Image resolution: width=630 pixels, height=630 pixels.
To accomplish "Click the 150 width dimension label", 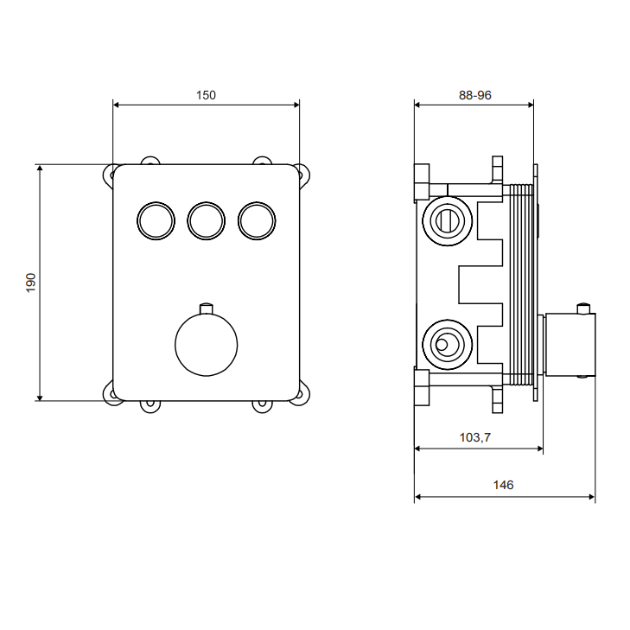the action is click(x=206, y=95).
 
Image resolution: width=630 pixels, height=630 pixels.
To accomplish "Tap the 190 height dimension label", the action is click(x=31, y=283).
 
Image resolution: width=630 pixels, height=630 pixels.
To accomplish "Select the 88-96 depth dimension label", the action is click(x=475, y=95).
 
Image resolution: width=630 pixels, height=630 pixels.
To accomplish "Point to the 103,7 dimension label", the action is click(x=475, y=437).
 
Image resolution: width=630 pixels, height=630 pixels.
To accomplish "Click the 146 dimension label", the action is click(x=503, y=485).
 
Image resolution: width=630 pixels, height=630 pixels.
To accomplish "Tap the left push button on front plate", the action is click(x=156, y=221).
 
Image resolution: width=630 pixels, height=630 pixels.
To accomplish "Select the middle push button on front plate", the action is click(x=207, y=221).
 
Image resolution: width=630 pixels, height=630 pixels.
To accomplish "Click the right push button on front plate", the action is click(x=257, y=221).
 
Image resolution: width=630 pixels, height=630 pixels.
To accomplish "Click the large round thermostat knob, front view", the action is click(x=207, y=345).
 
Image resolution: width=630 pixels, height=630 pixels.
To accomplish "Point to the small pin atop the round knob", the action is click(x=207, y=309).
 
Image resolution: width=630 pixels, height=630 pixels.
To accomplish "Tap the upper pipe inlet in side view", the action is click(x=447, y=221).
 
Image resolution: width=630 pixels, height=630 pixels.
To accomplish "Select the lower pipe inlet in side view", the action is click(x=447, y=345).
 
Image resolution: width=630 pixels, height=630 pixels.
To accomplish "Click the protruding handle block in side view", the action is click(x=570, y=345).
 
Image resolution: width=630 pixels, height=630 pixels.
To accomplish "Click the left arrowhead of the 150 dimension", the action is click(x=116, y=105).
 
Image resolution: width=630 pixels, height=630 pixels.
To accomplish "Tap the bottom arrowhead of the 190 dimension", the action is click(x=40, y=398).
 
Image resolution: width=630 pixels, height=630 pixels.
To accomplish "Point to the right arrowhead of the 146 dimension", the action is click(x=591, y=497).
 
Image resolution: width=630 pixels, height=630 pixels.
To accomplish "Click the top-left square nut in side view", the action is click(x=422, y=183).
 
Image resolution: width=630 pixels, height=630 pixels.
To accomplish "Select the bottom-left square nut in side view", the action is click(x=422, y=386).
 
